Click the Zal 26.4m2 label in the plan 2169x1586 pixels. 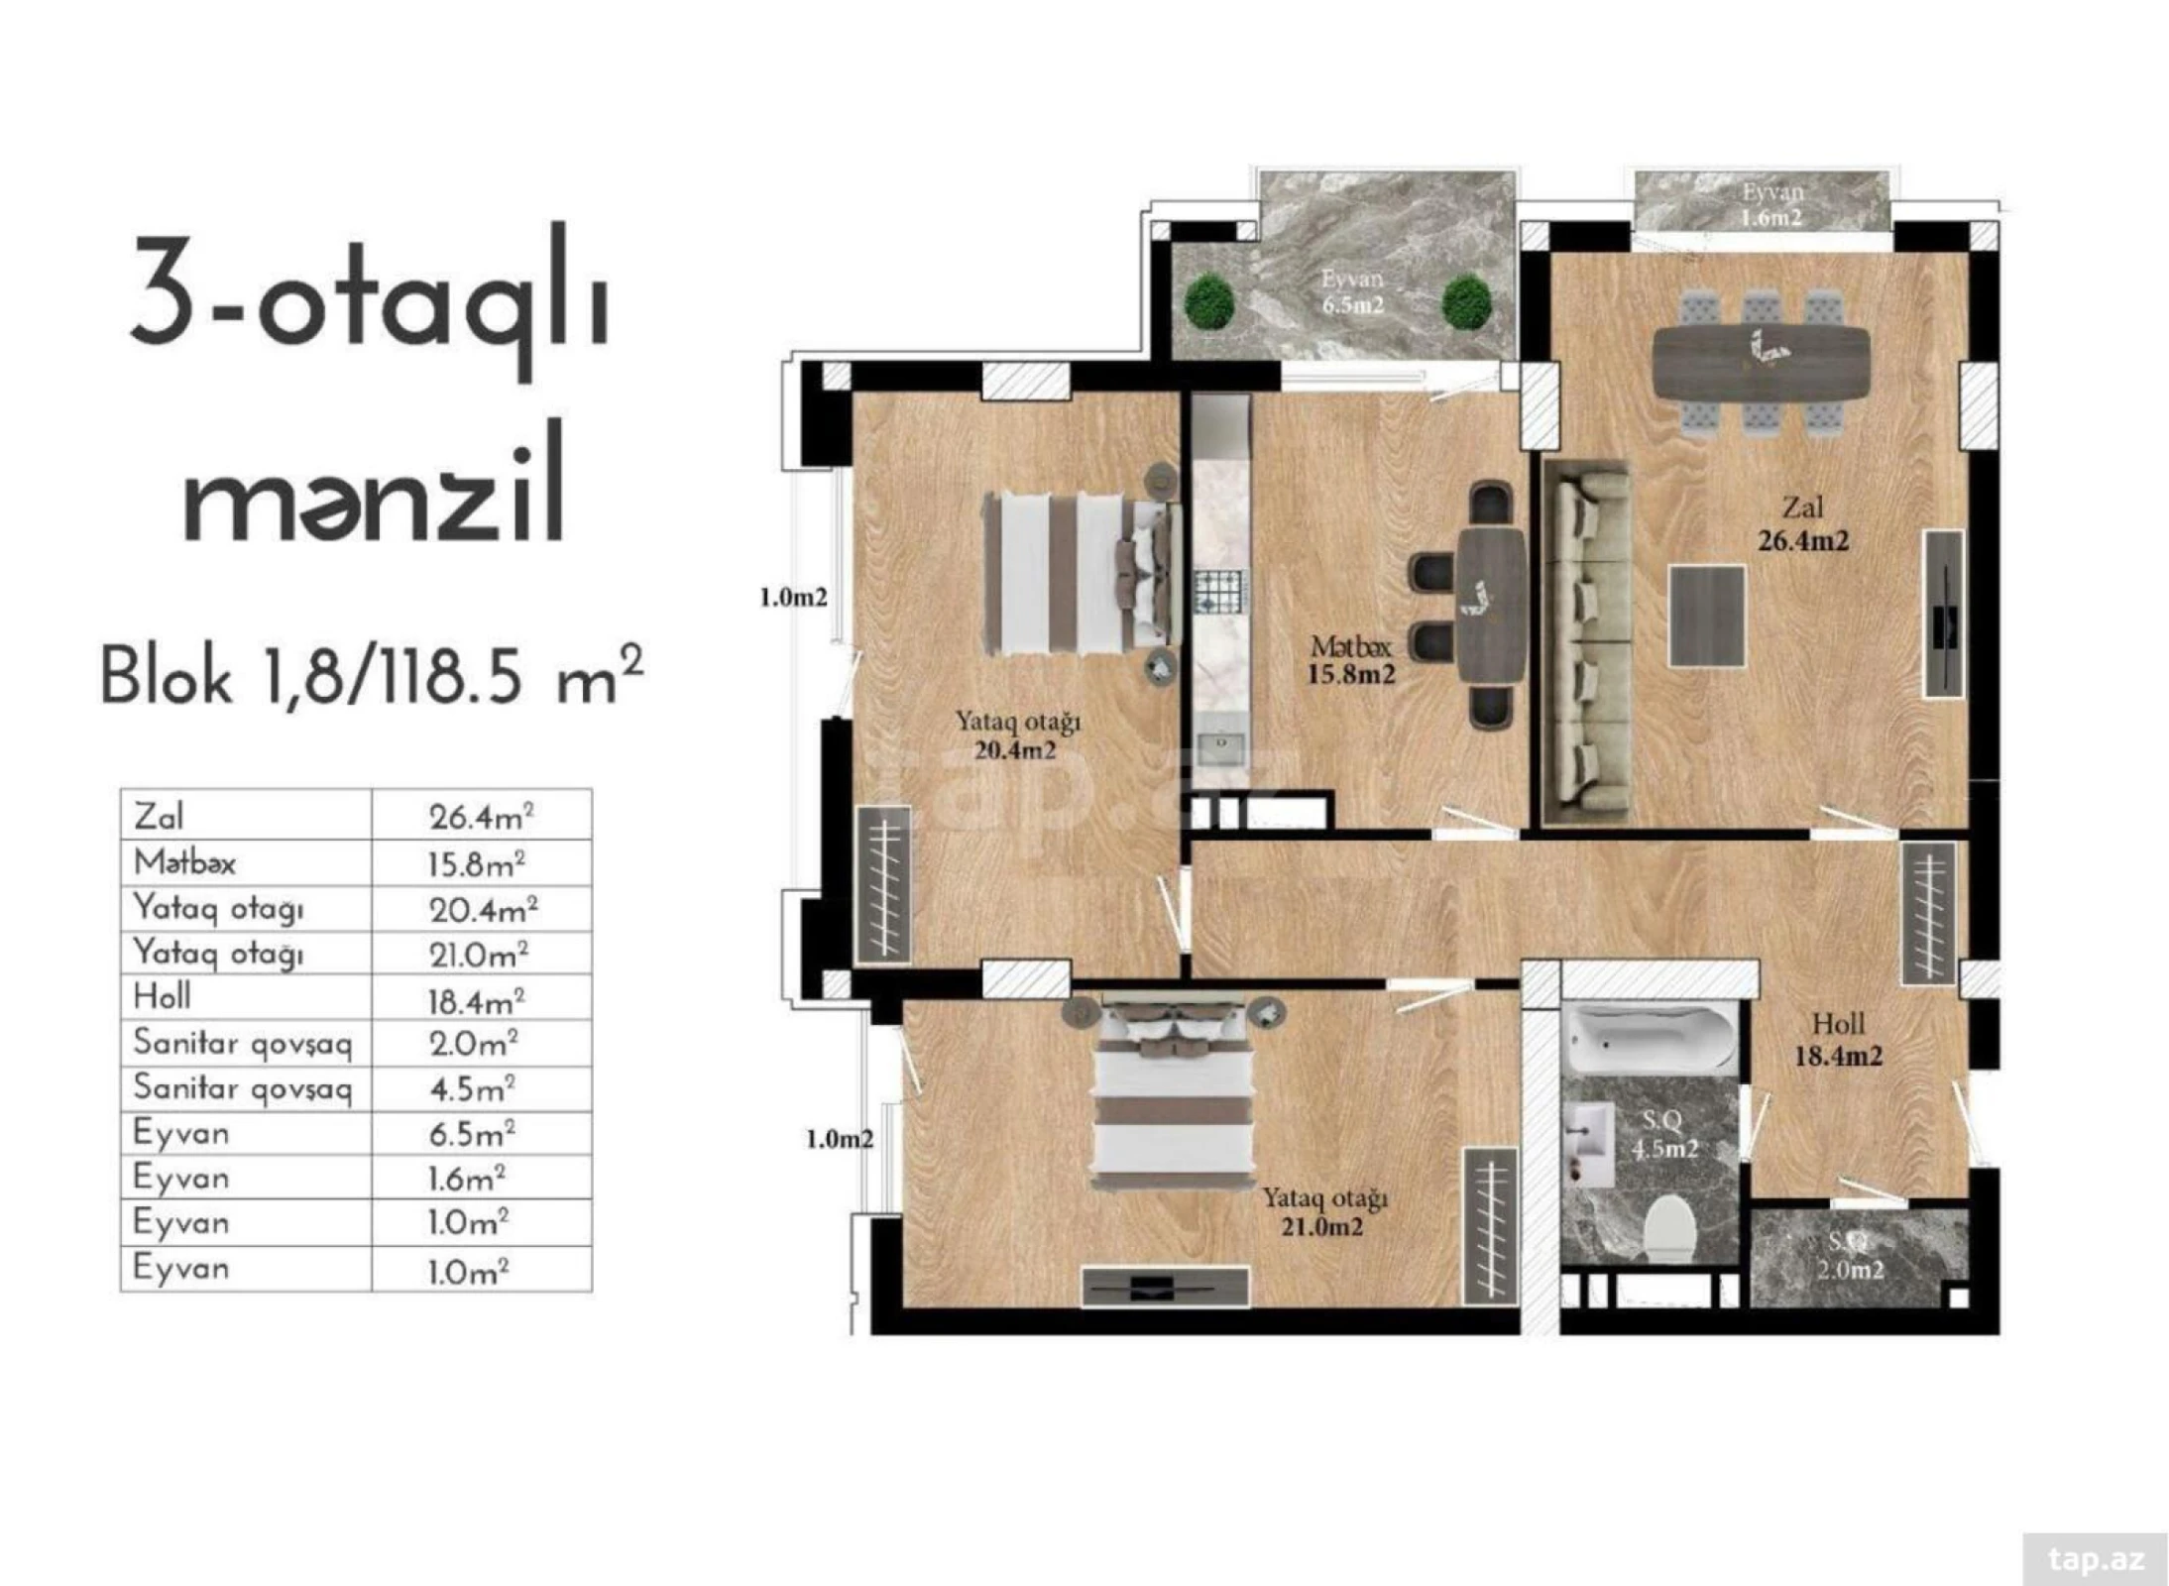[x=1801, y=524]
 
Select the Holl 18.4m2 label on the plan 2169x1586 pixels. [x=1837, y=1039]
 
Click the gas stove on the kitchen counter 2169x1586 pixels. [x=1220, y=593]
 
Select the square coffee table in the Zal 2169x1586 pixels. [x=1705, y=616]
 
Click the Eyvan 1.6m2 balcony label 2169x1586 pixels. [x=1770, y=204]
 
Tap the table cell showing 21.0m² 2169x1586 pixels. [x=478, y=955]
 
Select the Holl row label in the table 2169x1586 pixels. [x=163, y=996]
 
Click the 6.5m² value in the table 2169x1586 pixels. [x=472, y=1133]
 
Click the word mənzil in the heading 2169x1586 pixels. [x=375, y=484]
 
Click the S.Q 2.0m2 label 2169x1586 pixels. [x=1850, y=1256]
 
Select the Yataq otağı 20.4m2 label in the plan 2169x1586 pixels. [x=1016, y=736]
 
